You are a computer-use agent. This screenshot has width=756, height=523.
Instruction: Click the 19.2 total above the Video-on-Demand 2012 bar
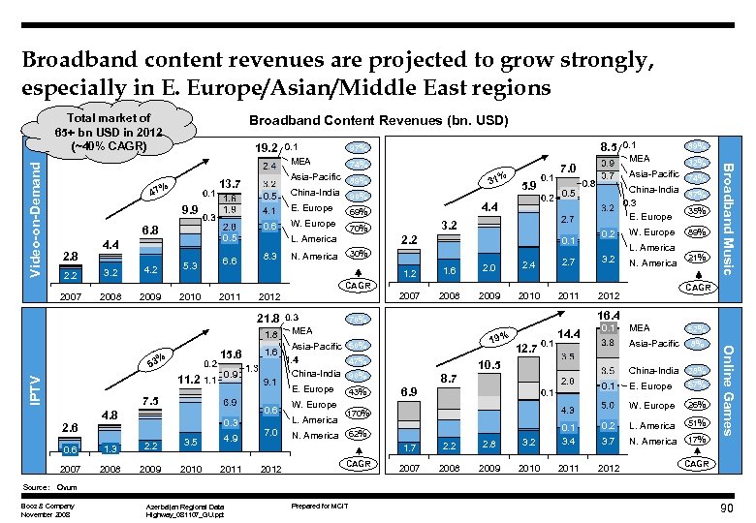pos(267,148)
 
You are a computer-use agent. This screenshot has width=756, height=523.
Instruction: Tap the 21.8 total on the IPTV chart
pos(267,319)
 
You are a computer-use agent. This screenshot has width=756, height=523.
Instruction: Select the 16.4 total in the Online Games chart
pos(609,316)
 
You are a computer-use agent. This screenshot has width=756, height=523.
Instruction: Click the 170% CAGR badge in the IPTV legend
pos(359,414)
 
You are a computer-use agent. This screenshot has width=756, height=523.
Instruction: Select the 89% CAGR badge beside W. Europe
pos(694,232)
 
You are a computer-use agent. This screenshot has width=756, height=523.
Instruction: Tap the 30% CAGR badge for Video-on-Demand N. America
pos(359,255)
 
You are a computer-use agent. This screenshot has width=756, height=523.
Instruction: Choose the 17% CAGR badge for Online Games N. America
pos(694,442)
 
